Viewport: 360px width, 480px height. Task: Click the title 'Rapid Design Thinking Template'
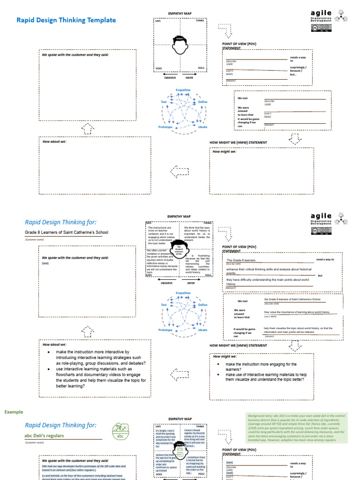pos(66,20)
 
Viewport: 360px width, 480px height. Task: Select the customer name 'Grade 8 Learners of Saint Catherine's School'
pos(63,232)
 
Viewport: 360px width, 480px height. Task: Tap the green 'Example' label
pos(14,412)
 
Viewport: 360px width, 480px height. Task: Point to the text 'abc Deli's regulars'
pos(44,435)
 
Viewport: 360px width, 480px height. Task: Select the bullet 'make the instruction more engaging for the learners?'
pos(261,367)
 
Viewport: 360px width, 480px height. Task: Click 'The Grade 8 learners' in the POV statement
pos(241,260)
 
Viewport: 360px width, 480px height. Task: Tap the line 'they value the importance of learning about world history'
pos(297,312)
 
